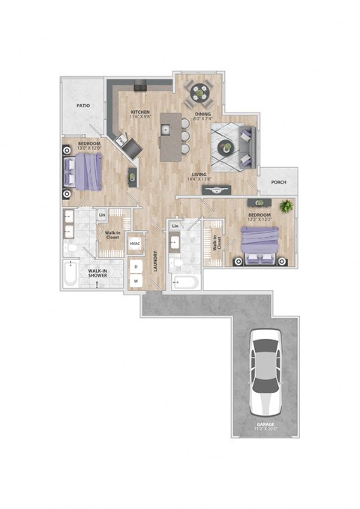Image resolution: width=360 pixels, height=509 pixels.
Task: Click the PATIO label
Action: (83, 106)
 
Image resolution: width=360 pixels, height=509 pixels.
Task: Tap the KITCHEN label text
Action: (140, 112)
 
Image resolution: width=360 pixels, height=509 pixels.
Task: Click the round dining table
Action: (201, 93)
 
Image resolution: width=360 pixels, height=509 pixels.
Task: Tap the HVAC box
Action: (135, 244)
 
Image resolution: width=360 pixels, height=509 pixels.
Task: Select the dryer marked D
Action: (136, 266)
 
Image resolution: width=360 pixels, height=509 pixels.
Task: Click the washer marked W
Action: (136, 282)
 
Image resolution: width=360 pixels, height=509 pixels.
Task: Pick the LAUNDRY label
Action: (155, 262)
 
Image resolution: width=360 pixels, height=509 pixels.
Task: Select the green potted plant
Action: (285, 205)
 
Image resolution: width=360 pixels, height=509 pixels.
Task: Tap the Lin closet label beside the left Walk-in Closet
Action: (102, 216)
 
